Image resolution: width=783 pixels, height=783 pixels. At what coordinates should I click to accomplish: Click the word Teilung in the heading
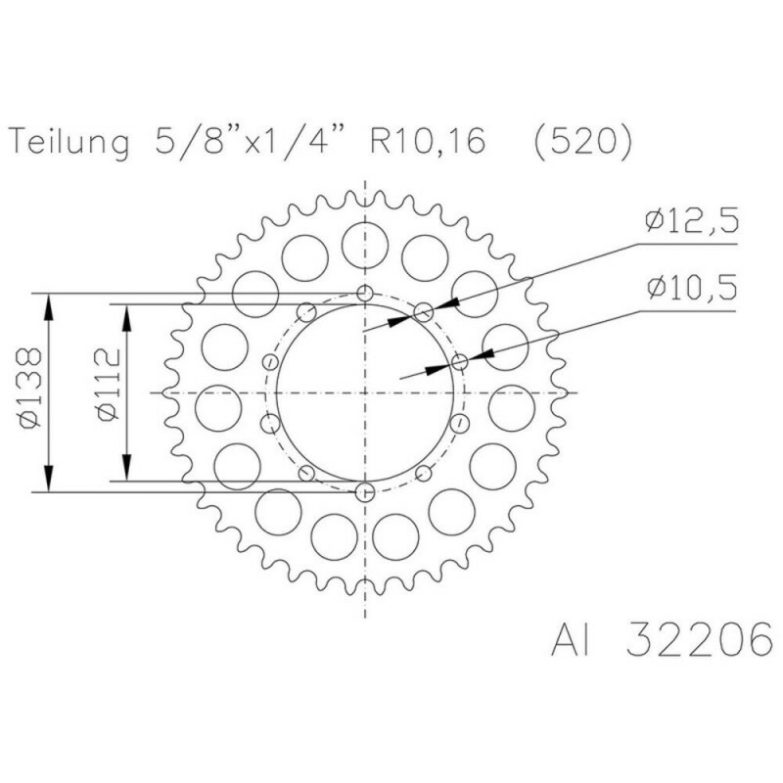[69, 142]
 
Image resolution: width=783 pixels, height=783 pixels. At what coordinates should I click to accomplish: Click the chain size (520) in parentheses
[582, 142]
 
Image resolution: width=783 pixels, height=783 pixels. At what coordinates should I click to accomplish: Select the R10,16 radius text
[428, 140]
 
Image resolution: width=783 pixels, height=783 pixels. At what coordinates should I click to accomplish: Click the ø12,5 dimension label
[691, 221]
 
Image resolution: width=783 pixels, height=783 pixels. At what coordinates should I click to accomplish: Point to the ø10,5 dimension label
[692, 288]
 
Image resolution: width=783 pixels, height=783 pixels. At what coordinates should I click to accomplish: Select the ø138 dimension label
[30, 388]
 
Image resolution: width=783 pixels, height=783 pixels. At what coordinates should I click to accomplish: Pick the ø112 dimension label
[109, 385]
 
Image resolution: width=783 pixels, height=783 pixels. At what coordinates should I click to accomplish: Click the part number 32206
[699, 639]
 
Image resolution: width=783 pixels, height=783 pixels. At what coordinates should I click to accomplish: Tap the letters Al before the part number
[571, 639]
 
